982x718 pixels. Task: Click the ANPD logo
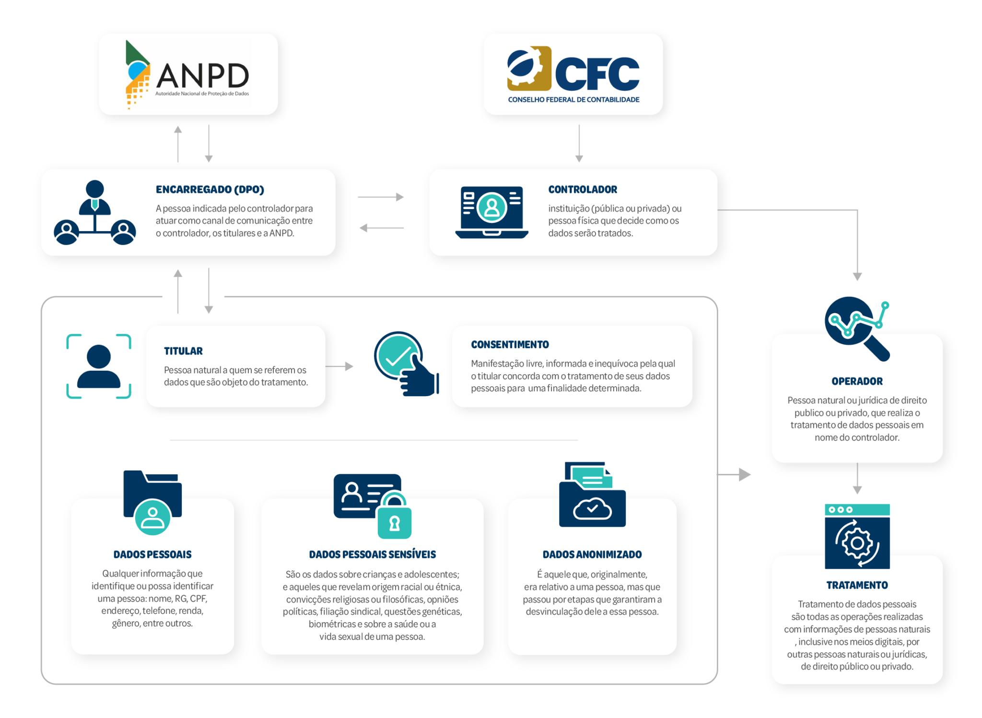pyautogui.click(x=188, y=74)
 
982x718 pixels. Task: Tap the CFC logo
pyautogui.click(x=573, y=74)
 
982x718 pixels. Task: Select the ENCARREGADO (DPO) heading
pyautogui.click(x=210, y=189)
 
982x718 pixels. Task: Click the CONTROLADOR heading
pyautogui.click(x=583, y=189)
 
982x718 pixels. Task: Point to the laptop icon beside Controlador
pyautogui.click(x=491, y=212)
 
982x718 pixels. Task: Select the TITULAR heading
pyautogui.click(x=183, y=351)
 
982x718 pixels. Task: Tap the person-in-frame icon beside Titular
pyautogui.click(x=99, y=366)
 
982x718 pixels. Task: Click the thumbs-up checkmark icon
pyautogui.click(x=406, y=364)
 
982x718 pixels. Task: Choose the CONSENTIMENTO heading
pyautogui.click(x=510, y=344)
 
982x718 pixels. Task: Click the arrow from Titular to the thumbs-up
pyautogui.click(x=340, y=366)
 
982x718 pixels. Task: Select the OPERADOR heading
pyautogui.click(x=857, y=381)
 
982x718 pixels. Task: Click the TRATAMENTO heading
pyautogui.click(x=857, y=585)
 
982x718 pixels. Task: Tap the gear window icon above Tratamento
pyautogui.click(x=857, y=536)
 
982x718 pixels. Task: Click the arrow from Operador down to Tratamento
pyautogui.click(x=857, y=479)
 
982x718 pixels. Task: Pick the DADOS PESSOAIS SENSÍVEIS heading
pyautogui.click(x=373, y=554)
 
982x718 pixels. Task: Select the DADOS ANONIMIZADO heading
pyautogui.click(x=592, y=554)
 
